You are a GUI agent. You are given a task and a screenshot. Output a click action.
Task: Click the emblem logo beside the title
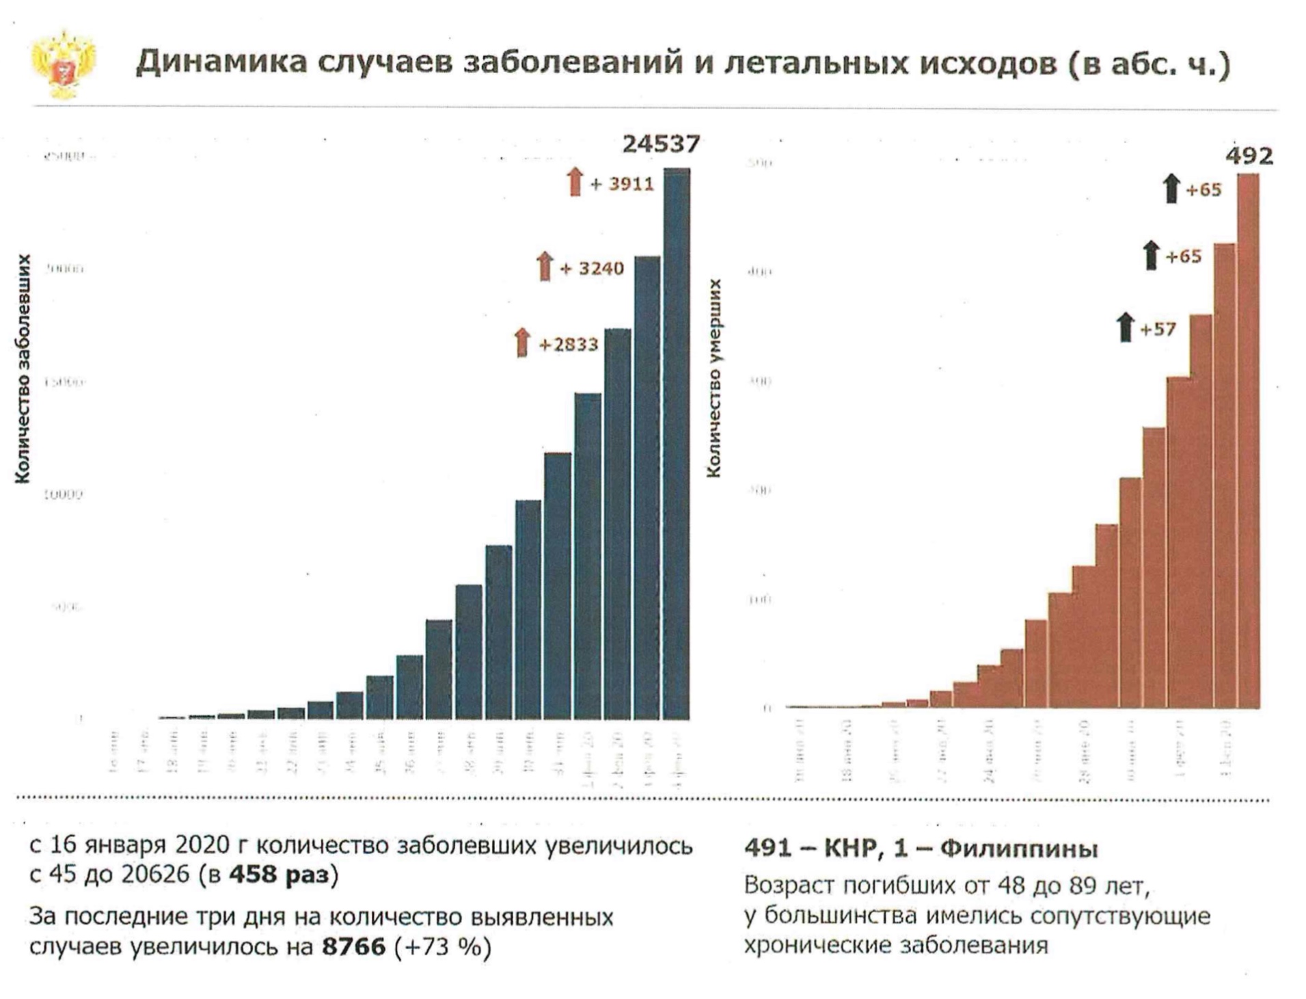tap(64, 64)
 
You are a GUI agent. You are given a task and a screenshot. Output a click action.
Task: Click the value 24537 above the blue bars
tap(660, 144)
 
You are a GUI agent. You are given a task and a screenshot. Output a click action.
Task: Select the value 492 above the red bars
tap(1249, 157)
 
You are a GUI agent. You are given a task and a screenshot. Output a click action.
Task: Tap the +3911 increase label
tap(622, 184)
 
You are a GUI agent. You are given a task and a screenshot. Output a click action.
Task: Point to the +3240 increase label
tap(592, 268)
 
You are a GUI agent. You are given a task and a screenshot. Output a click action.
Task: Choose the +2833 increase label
tap(569, 344)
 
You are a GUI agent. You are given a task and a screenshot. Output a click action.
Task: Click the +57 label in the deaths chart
tap(1158, 330)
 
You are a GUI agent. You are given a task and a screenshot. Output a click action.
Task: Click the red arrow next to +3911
tap(575, 182)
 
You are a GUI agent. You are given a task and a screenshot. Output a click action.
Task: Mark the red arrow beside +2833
tap(522, 342)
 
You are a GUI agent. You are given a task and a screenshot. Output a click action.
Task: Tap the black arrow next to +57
tap(1125, 328)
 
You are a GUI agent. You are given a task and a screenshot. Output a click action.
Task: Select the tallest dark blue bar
tap(677, 444)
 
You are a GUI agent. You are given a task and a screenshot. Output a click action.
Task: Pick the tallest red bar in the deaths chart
tap(1248, 441)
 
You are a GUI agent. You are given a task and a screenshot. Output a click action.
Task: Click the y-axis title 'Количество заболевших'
tap(24, 369)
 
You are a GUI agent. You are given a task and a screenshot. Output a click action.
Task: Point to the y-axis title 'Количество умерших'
tap(714, 378)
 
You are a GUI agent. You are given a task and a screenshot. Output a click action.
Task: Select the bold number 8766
tap(353, 947)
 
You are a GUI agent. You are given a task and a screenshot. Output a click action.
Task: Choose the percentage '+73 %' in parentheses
tap(443, 947)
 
